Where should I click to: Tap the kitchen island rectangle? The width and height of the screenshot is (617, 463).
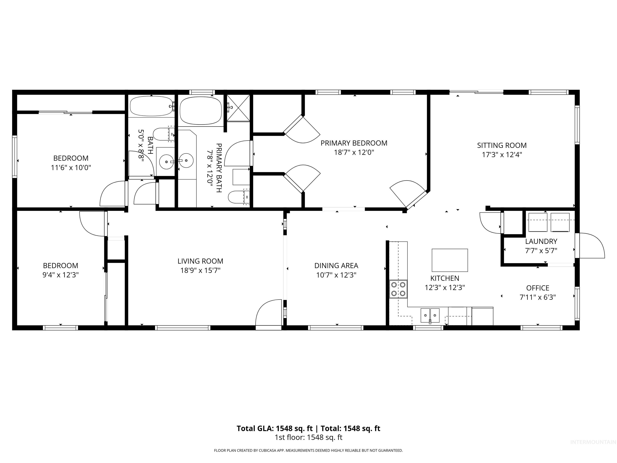click(450, 260)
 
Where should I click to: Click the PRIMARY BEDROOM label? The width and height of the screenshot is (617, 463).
click(354, 143)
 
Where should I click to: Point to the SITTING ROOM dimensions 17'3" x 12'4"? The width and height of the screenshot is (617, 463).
click(502, 155)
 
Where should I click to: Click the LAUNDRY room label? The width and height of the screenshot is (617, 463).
click(541, 241)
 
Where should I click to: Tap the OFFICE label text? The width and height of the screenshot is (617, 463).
click(537, 288)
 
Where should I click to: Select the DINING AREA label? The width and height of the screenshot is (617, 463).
click(336, 265)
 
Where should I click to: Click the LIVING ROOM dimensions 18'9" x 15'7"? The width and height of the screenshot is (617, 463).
click(200, 270)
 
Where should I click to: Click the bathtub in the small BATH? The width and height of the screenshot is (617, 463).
click(151, 106)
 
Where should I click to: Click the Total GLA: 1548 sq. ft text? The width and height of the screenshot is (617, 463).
click(275, 428)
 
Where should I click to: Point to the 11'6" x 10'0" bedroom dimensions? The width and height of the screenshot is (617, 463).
click(71, 168)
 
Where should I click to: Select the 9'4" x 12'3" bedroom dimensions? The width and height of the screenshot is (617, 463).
click(60, 275)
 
